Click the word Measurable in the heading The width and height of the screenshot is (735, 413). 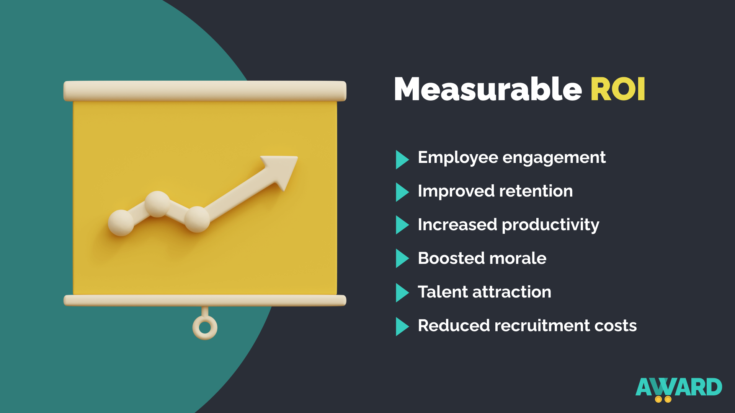[x=488, y=89]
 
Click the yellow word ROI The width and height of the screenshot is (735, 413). [x=618, y=89]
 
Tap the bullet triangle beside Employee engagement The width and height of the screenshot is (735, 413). [x=402, y=159]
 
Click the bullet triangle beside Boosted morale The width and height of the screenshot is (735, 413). [x=402, y=258]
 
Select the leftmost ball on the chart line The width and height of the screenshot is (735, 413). [x=121, y=223]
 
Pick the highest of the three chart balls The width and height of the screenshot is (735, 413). [x=157, y=204]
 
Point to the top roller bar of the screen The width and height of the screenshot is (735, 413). [x=205, y=91]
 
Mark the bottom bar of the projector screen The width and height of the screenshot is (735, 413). [x=205, y=301]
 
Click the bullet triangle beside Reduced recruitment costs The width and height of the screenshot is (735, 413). [x=402, y=327]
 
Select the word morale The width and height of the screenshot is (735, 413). [x=518, y=258]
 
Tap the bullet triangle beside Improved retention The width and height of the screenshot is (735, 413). [x=402, y=192]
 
